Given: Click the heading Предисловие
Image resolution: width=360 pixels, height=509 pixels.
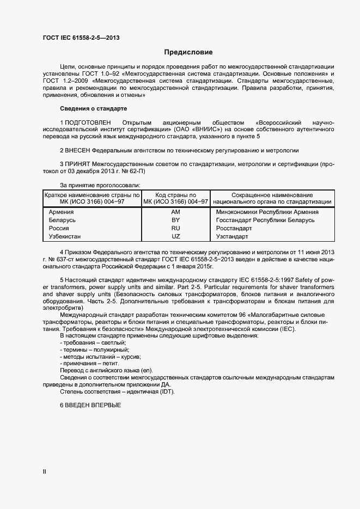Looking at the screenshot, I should (188, 53).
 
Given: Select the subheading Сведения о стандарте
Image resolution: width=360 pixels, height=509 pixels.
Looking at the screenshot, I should (93, 108).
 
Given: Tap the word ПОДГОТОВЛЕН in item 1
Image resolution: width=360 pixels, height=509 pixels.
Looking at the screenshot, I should (88, 122).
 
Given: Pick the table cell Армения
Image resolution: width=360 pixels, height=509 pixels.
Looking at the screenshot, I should (62, 212).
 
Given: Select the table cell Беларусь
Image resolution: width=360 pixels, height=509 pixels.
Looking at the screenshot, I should (62, 220).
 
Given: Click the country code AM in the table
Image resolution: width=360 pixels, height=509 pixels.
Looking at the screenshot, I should (175, 212).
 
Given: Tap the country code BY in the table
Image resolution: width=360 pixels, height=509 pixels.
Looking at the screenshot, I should (175, 220).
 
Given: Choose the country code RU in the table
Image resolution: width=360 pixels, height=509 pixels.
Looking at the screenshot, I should (175, 228).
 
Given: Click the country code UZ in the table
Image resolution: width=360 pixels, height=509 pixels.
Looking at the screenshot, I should (175, 237).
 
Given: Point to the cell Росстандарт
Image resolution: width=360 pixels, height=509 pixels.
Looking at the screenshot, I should (234, 228).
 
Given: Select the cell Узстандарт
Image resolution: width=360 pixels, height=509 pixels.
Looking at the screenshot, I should (232, 237).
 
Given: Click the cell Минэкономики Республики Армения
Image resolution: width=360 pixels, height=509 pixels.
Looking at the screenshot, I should (267, 212).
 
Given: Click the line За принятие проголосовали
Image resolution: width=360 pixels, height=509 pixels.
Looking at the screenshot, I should (94, 185).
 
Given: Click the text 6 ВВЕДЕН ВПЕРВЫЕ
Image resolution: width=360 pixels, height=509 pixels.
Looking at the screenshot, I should (90, 406).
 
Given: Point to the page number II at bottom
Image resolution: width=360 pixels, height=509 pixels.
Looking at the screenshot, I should (45, 472).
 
